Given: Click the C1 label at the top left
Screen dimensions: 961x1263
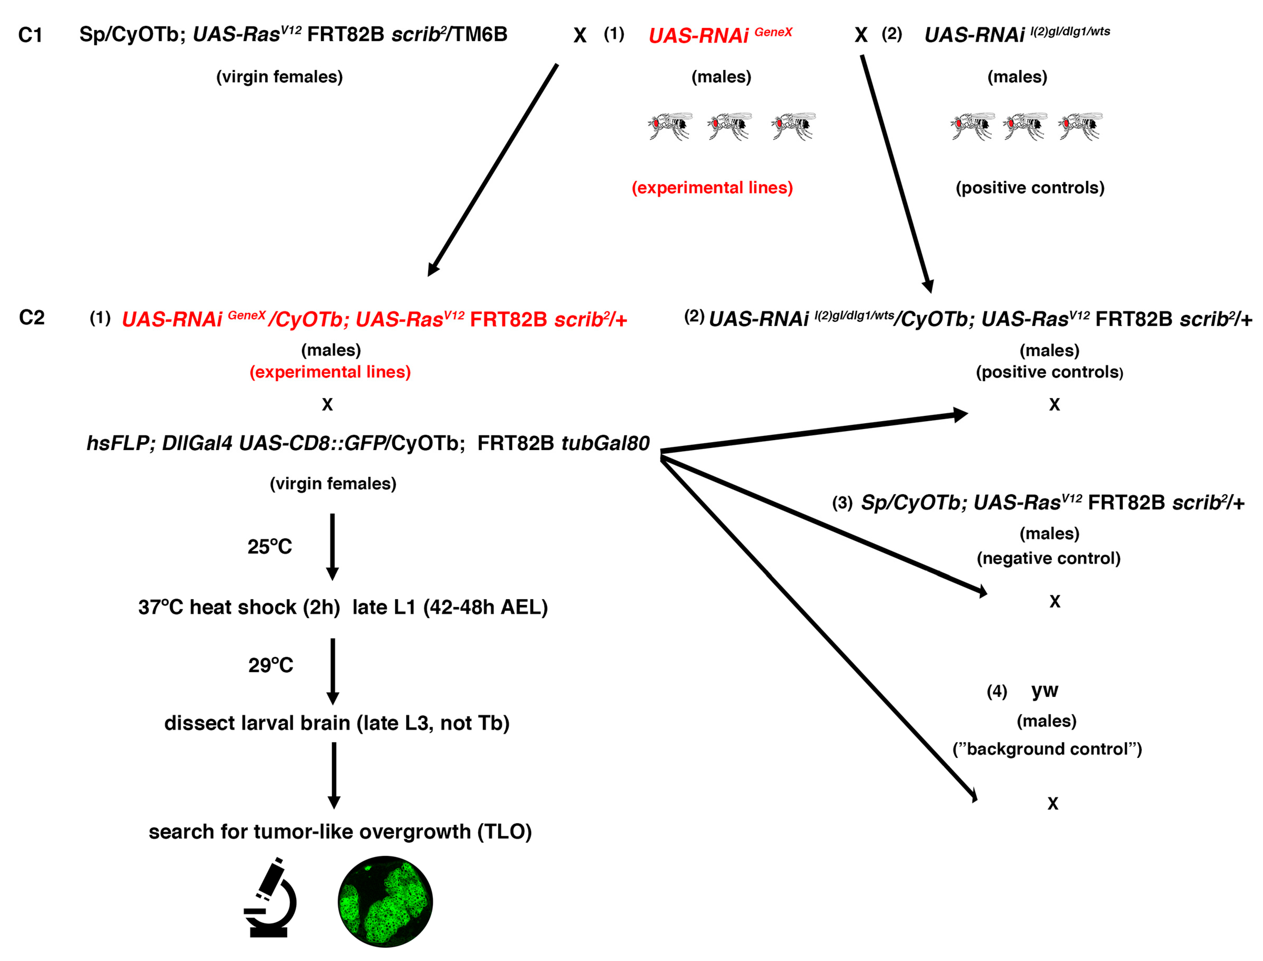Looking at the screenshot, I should point(30,35).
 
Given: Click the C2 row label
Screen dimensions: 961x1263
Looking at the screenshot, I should point(31,318).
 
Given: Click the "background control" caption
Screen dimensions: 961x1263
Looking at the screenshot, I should point(1046,749).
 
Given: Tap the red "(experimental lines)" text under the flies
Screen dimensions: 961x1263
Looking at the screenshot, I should point(712,187).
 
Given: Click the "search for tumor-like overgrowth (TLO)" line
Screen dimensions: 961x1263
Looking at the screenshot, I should point(340,831).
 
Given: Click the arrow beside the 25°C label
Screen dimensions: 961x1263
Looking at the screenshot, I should point(332,546).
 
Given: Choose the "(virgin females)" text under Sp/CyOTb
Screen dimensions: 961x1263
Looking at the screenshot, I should point(279,77).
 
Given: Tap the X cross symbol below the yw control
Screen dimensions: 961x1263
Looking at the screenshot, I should point(1053,804).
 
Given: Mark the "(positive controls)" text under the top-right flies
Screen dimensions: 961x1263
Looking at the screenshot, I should point(1030,187).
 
